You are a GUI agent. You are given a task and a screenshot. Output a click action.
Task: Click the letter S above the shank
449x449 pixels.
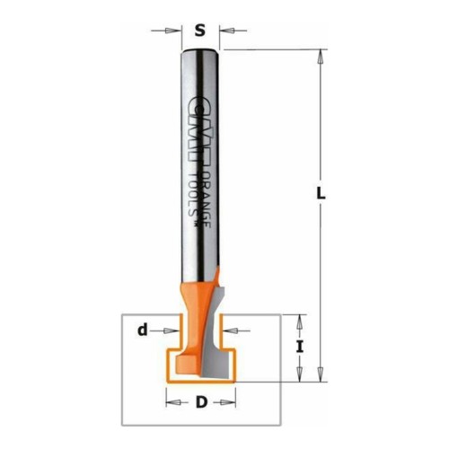[x=200, y=30]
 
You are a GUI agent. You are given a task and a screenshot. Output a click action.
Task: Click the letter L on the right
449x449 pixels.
[x=321, y=193]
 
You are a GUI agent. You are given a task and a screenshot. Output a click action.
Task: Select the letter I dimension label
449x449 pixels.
[x=300, y=348]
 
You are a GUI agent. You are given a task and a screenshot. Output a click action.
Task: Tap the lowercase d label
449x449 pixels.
[x=143, y=330]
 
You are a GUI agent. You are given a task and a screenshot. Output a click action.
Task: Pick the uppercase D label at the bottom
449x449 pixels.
[x=201, y=402]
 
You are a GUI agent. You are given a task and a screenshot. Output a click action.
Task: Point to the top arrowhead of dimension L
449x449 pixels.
[x=321, y=57]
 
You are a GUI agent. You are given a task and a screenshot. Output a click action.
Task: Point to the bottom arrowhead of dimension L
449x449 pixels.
[x=321, y=374]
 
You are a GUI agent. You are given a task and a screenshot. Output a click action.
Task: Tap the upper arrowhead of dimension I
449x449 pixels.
[x=300, y=322]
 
